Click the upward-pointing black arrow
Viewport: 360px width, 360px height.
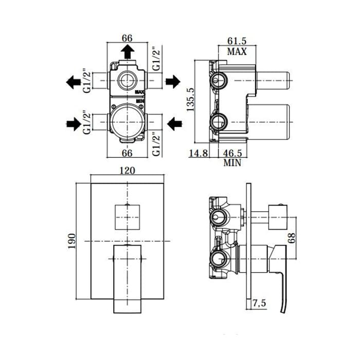point(128,51)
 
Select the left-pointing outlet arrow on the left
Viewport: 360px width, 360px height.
point(73,82)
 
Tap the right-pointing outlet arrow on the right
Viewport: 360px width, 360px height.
point(173,81)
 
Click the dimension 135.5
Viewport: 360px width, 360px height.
point(190,100)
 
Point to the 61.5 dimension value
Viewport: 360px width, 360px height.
point(237,41)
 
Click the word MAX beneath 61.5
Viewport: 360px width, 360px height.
point(237,51)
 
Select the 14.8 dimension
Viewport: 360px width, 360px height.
point(199,153)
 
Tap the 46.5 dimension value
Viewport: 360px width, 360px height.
point(232,153)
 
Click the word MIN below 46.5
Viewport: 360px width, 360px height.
point(232,163)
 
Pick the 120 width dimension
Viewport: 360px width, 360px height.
point(128,171)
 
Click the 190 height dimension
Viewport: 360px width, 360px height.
point(71,241)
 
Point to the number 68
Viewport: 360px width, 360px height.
point(291,238)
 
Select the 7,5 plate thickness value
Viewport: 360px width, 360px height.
point(259,303)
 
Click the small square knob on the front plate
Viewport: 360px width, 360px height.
point(128,218)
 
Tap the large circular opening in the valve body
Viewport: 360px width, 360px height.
point(128,122)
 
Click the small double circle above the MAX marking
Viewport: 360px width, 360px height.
point(128,80)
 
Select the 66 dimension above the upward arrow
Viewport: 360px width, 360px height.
point(127,38)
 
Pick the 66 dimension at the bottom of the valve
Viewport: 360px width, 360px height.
point(127,153)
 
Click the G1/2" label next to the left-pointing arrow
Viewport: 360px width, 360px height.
point(87,81)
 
